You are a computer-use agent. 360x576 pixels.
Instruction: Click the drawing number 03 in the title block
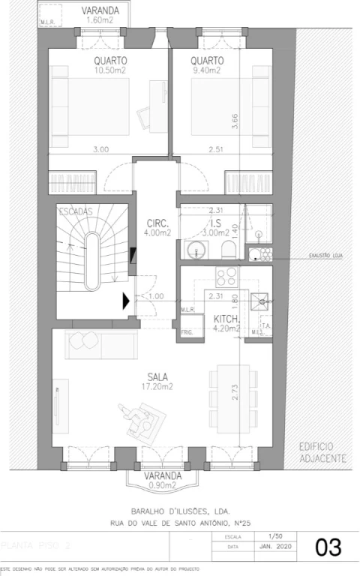tap(328, 547)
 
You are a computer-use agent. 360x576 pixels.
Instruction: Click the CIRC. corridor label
tap(157, 222)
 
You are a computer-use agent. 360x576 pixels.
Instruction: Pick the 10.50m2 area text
tap(110, 71)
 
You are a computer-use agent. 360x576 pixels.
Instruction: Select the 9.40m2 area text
tap(206, 71)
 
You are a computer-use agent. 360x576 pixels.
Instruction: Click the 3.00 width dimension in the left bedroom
tap(100, 149)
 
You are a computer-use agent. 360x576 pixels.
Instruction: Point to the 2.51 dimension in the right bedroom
tap(217, 149)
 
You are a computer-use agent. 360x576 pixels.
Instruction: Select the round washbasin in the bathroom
tap(199, 250)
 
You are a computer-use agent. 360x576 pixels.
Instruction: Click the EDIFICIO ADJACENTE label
tap(322, 451)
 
